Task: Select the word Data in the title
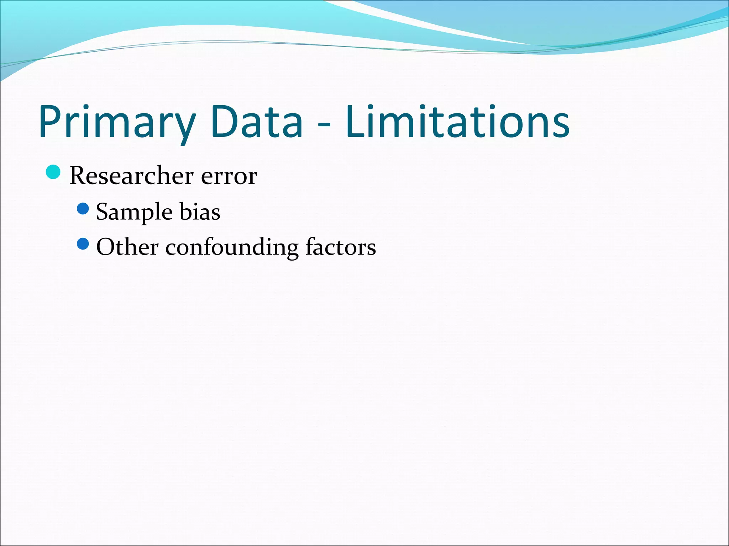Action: (x=257, y=122)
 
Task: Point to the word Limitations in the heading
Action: (x=457, y=122)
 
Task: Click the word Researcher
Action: (x=132, y=176)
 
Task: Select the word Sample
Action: (x=135, y=213)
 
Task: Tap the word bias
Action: (x=200, y=212)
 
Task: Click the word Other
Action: (x=127, y=247)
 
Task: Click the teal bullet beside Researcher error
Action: (x=53, y=172)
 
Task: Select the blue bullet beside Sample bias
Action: (x=83, y=209)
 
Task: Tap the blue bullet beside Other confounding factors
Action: (x=83, y=244)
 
